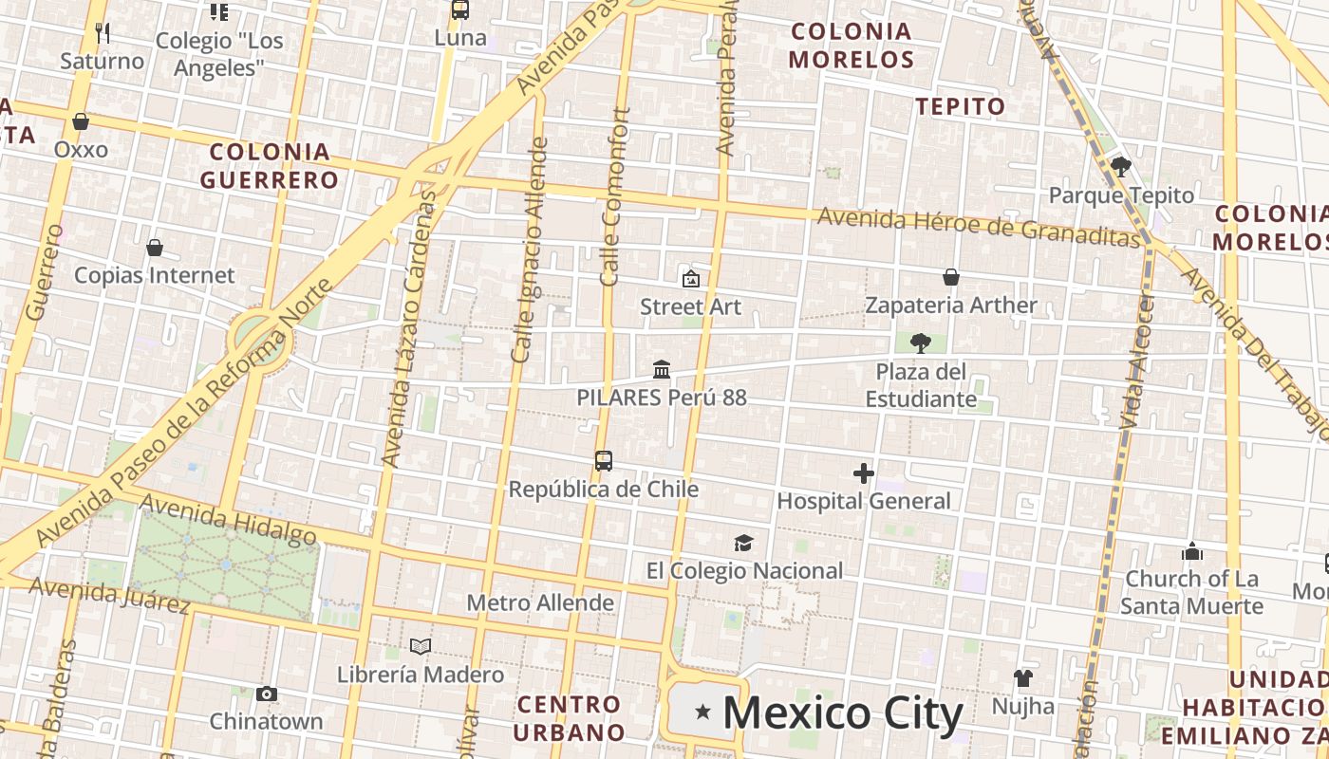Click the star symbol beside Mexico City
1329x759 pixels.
coord(702,712)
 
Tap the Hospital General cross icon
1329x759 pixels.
coord(863,472)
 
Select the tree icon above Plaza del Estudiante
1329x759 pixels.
coord(920,342)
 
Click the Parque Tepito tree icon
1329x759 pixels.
coord(1120,167)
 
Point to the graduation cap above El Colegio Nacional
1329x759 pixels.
coord(743,543)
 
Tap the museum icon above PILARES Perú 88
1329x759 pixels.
coord(662,369)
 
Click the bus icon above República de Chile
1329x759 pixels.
coord(604,461)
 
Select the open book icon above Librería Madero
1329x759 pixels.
coord(421,646)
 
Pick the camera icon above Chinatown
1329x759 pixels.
coord(267,694)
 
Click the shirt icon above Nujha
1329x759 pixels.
coord(1022,677)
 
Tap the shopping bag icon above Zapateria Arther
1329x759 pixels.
coord(950,277)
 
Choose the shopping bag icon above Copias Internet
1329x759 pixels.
coord(154,248)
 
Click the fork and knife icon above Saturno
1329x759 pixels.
coord(103,33)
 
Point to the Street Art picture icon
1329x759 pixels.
coord(690,278)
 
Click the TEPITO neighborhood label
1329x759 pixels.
coord(960,106)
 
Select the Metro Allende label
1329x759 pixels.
coord(540,602)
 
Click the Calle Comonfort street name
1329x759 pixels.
coord(615,196)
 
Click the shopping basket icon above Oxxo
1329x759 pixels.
coord(81,121)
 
